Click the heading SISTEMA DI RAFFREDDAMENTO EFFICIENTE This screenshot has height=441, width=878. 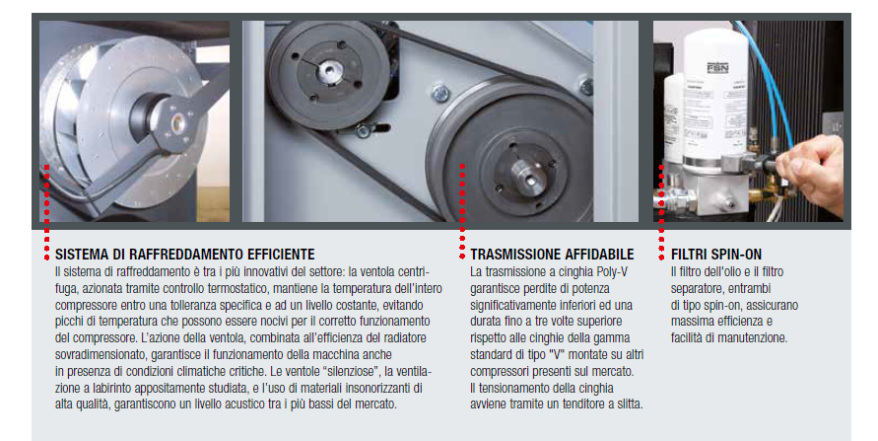pos(185,254)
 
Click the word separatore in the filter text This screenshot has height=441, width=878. pos(702,287)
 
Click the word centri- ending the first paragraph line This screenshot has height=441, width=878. pos(413,270)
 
